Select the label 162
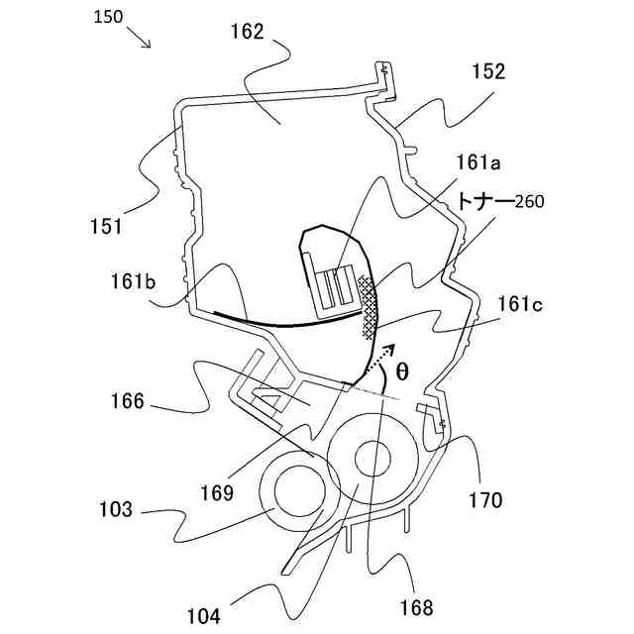click(x=245, y=31)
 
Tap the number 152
click(x=488, y=71)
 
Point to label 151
click(x=102, y=226)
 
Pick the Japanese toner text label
click(x=483, y=202)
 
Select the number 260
click(x=530, y=202)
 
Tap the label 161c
click(x=520, y=304)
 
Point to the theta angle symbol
click(x=401, y=371)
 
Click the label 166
click(x=129, y=402)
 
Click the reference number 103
click(x=115, y=510)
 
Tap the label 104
click(x=202, y=614)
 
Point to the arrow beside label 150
click(x=140, y=41)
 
